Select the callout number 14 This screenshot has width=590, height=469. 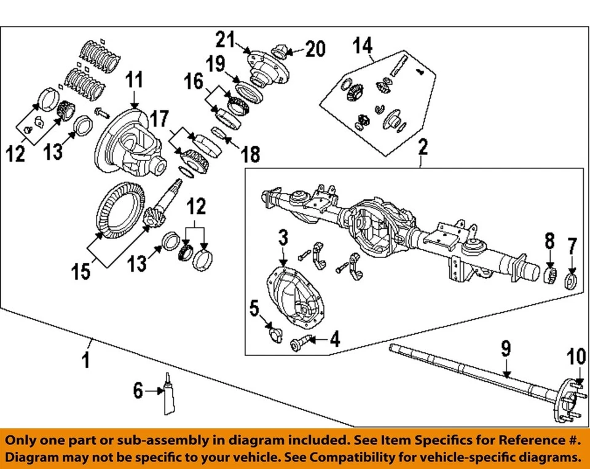tap(363, 45)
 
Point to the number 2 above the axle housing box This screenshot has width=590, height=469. tap(423, 147)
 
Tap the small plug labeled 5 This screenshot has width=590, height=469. tap(273, 333)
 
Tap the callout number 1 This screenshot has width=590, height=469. tap(86, 358)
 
